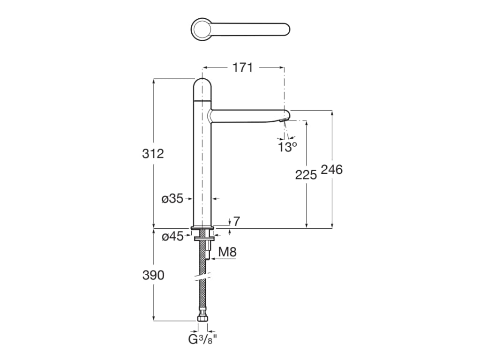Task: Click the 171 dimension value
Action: (x=243, y=68)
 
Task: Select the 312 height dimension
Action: (x=153, y=153)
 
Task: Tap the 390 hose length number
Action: (x=153, y=275)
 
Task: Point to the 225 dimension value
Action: (x=306, y=175)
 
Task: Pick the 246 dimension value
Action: (x=331, y=169)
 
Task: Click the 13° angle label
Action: (x=287, y=148)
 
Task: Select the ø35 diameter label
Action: (x=172, y=199)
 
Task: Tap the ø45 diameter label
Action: (x=172, y=237)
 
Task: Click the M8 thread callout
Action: (x=227, y=252)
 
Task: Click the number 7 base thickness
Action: (x=236, y=221)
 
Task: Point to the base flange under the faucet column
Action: (x=202, y=228)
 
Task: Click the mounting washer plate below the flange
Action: (x=202, y=238)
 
